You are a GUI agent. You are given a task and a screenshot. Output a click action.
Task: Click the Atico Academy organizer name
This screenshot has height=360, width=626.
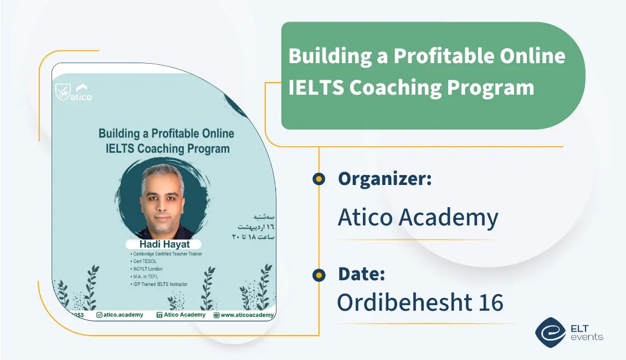pyautogui.click(x=418, y=218)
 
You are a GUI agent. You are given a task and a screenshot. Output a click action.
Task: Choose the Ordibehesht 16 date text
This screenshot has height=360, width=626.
pyautogui.click(x=420, y=302)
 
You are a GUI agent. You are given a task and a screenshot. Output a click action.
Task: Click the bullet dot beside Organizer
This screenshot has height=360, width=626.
pyautogui.click(x=319, y=179)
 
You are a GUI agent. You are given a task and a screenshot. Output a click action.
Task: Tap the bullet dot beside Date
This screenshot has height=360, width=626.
pyautogui.click(x=319, y=274)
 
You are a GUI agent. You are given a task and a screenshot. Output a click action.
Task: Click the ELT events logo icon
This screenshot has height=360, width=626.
pyautogui.click(x=550, y=331)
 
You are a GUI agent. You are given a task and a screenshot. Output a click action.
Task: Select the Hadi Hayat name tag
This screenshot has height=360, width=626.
pyautogui.click(x=163, y=244)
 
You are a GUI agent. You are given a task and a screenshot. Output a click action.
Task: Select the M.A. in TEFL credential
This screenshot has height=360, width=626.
pyautogui.click(x=146, y=276)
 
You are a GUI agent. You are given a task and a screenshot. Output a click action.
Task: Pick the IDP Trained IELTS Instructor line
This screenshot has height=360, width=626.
pyautogui.click(x=160, y=284)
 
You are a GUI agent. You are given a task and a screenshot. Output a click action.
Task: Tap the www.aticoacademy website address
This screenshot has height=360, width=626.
pyautogui.click(x=247, y=315)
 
